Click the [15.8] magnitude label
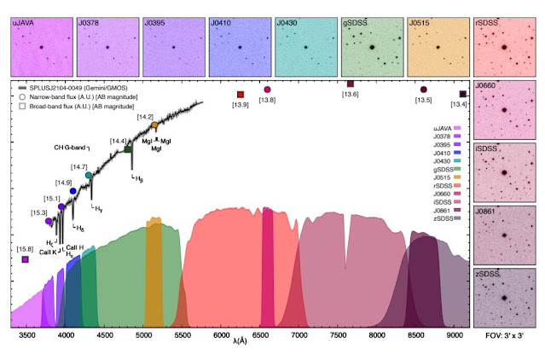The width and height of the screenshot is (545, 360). pos(26,248)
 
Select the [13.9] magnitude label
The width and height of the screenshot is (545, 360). pos(241,104)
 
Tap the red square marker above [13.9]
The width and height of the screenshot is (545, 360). pos(241,94)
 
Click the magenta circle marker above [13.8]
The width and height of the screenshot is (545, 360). pos(268,90)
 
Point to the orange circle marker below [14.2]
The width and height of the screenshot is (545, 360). pos(154,125)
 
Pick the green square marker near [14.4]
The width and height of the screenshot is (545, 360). pos(128,149)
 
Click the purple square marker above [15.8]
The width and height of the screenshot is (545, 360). pos(26,259)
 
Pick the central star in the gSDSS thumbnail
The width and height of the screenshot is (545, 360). pos(374,48)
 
